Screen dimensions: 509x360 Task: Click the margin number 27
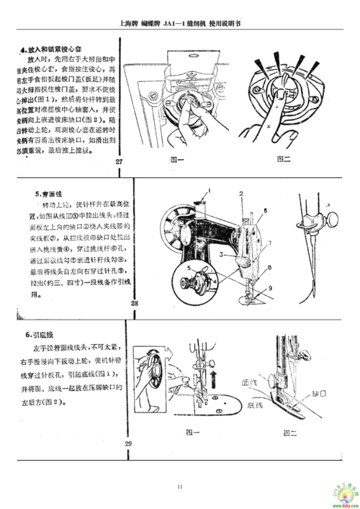(x=118, y=161)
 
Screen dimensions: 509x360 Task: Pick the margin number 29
(x=128, y=442)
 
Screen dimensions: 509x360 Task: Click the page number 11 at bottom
(x=180, y=487)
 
